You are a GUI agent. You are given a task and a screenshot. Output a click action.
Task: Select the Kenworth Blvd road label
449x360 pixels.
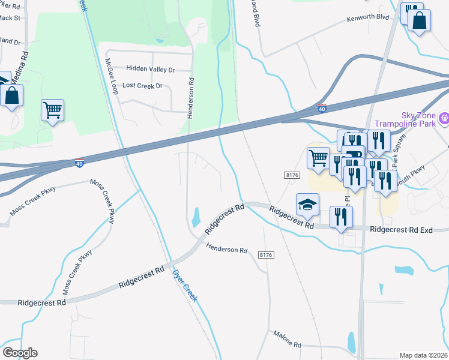click(x=367, y=19)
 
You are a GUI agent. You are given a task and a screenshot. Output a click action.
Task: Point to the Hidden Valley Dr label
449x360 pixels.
click(x=148, y=70)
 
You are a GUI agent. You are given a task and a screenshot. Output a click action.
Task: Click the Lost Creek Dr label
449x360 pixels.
click(x=142, y=86)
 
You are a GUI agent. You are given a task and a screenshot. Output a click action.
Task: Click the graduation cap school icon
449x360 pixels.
click(x=307, y=205)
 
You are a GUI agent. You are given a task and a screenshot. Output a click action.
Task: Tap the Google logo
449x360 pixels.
click(x=20, y=353)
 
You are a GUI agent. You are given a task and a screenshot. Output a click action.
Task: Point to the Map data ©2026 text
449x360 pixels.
click(x=423, y=355)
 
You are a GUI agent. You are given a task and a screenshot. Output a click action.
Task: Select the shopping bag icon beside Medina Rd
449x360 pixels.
click(x=11, y=95)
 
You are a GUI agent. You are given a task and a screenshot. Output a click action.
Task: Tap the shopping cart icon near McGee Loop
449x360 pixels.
click(x=52, y=109)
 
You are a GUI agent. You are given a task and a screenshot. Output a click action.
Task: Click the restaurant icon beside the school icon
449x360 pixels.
click(x=341, y=217)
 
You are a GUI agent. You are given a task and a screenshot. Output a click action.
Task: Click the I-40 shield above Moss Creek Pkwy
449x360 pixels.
click(x=79, y=163)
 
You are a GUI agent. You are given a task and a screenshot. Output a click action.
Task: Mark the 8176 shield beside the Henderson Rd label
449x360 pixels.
click(x=266, y=255)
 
